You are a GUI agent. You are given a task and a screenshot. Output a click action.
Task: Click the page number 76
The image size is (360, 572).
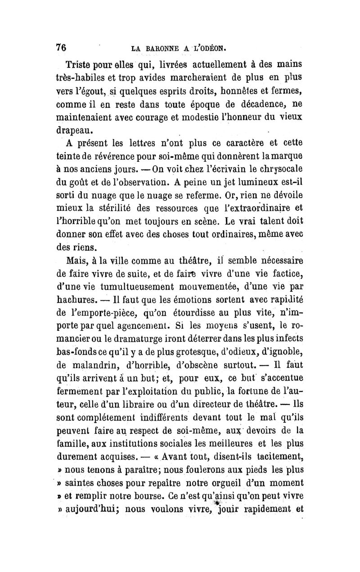[x=61, y=47]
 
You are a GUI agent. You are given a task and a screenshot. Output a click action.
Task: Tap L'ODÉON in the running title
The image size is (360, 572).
[x=211, y=47]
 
